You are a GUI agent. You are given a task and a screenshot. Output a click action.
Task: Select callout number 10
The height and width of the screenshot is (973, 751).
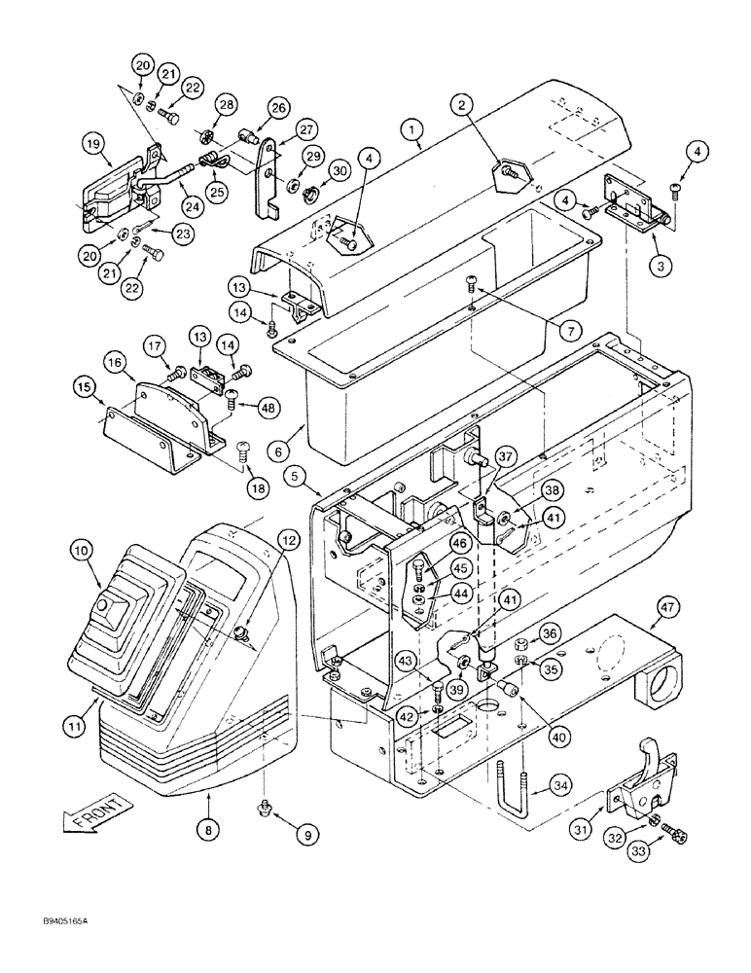[x=82, y=553]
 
